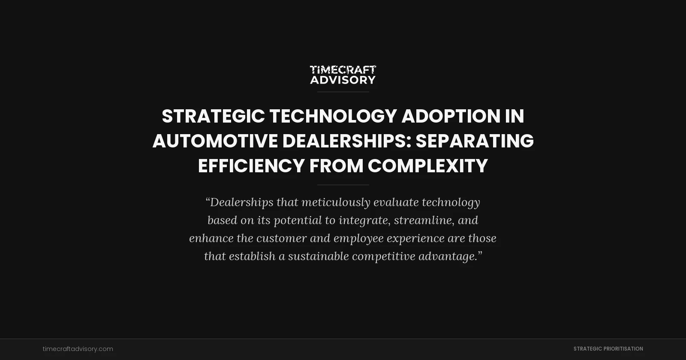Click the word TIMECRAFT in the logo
[x=343, y=70]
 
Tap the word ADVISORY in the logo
[x=343, y=80]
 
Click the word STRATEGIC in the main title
[x=213, y=116]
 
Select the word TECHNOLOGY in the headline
[x=333, y=116]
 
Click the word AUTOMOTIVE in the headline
[x=215, y=141]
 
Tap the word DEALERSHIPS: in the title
[x=346, y=141]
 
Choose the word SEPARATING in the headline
[x=475, y=141]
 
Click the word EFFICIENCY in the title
[x=251, y=166]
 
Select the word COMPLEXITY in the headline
[x=427, y=166]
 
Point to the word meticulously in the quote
[x=336, y=202]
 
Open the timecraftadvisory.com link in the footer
[x=78, y=349]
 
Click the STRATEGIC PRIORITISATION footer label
[x=608, y=349]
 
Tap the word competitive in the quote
[x=383, y=256]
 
